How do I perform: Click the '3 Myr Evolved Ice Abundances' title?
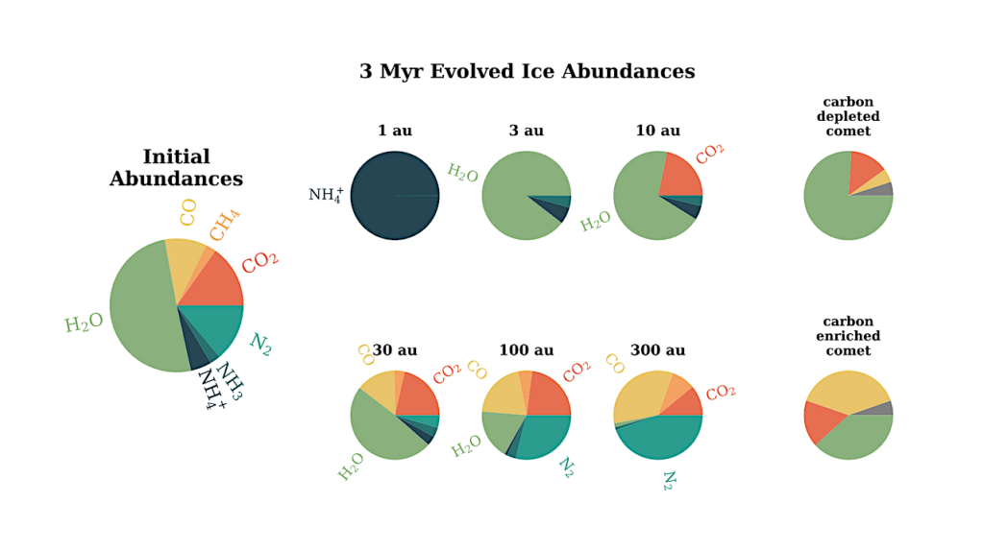[527, 72]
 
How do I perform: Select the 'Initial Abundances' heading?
[176, 168]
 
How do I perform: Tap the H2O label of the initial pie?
[84, 323]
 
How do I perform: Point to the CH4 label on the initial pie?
[224, 227]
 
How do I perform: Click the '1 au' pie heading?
[395, 131]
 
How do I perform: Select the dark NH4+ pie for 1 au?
[395, 196]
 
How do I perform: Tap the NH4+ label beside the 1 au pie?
[326, 195]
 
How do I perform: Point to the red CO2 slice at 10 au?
[679, 177]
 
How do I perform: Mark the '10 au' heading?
[657, 131]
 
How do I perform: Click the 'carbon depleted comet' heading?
[848, 116]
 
